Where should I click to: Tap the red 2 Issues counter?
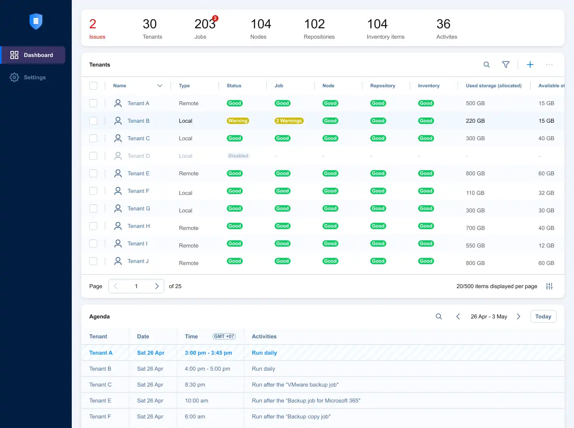tap(97, 29)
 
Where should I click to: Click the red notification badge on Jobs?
tap(215, 18)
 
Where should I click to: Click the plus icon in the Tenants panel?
tap(530, 65)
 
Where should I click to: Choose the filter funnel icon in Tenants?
tap(506, 65)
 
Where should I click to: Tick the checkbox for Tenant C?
tap(93, 138)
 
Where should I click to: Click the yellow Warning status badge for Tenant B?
tap(238, 121)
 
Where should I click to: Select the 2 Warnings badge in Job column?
tap(289, 121)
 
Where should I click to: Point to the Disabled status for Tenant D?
tap(238, 156)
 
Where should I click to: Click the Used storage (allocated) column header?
tap(493, 86)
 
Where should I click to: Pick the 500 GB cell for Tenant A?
tap(475, 103)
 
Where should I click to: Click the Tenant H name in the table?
tap(139, 226)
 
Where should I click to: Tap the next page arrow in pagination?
tap(157, 286)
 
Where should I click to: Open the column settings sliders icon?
tap(549, 286)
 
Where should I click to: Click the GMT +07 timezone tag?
tap(224, 336)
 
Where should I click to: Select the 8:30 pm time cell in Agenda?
tap(195, 385)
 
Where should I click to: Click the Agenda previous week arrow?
tap(458, 316)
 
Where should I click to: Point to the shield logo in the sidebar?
tap(36, 21)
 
